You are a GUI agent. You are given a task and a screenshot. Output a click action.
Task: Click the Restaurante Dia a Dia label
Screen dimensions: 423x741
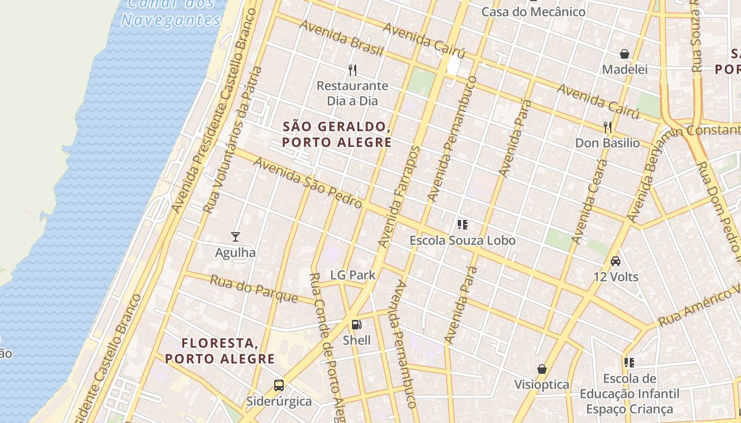point(352,93)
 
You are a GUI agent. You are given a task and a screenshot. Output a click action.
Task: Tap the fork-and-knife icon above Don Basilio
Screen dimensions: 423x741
point(608,127)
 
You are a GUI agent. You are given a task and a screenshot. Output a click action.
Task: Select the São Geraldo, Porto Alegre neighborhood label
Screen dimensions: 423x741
point(337,134)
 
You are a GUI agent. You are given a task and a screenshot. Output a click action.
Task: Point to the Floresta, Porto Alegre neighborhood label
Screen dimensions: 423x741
point(220,351)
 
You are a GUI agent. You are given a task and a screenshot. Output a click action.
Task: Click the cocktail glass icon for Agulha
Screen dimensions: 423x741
point(236,236)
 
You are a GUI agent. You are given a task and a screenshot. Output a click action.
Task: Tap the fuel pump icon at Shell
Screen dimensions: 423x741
point(357,324)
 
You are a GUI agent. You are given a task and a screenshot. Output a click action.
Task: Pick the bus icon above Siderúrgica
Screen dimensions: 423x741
point(279,385)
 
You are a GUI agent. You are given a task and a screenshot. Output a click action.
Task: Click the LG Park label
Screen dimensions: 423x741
point(353,275)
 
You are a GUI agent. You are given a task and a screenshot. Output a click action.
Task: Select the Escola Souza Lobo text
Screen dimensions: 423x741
point(462,241)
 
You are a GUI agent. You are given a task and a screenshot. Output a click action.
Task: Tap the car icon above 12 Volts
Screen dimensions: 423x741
point(616,261)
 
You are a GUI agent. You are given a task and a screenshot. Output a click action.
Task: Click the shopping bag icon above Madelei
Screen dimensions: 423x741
point(625,54)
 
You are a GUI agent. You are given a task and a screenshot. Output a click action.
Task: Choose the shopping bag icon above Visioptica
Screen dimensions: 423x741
point(541,369)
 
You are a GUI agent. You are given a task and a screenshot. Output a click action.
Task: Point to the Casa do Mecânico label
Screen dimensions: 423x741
point(533,12)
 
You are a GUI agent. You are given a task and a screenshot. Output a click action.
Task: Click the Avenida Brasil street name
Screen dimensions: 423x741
point(341,38)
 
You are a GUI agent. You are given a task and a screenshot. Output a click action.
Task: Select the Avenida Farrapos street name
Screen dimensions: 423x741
point(399,197)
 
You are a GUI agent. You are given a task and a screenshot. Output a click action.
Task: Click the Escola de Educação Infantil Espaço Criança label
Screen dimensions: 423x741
point(629,394)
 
